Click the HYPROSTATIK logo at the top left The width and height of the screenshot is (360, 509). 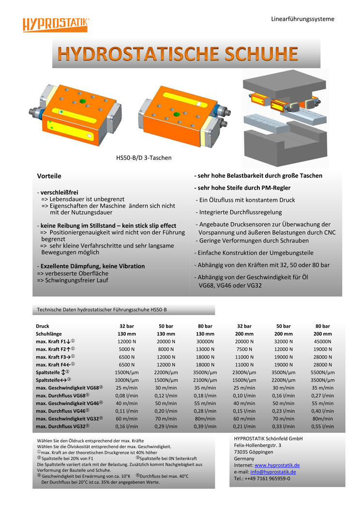[56, 24]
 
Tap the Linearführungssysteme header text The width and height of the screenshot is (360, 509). [302, 19]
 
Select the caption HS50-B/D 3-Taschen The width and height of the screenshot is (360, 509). [144, 157]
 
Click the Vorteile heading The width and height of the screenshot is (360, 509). [49, 176]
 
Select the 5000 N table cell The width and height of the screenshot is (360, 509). [126, 349]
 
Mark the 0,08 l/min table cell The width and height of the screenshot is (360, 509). [126, 395]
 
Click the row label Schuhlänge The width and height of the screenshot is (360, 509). [49, 333]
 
